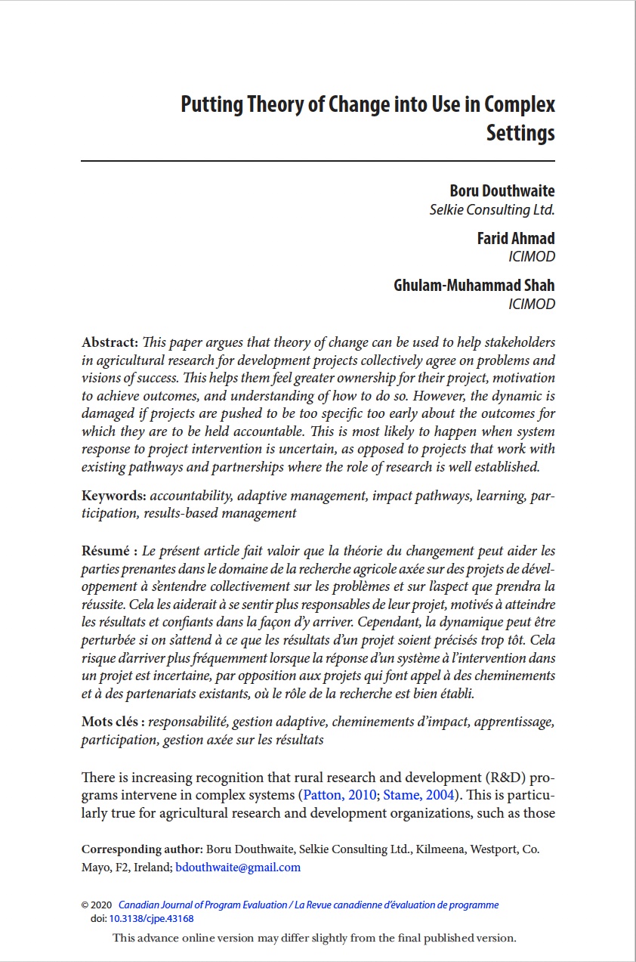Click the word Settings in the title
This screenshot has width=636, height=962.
click(x=520, y=134)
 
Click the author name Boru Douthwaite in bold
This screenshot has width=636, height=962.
click(x=502, y=190)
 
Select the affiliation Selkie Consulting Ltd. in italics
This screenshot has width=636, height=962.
click(x=492, y=209)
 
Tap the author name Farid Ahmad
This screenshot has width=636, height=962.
click(x=516, y=238)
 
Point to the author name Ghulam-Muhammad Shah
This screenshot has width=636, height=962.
click(x=474, y=286)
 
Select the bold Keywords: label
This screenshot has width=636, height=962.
click(x=114, y=496)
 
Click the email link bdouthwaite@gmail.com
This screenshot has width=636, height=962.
click(x=238, y=868)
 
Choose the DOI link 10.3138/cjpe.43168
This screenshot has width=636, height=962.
click(x=152, y=919)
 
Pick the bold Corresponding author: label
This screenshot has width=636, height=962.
click(x=142, y=849)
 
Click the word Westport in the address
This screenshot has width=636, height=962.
click(x=494, y=849)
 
